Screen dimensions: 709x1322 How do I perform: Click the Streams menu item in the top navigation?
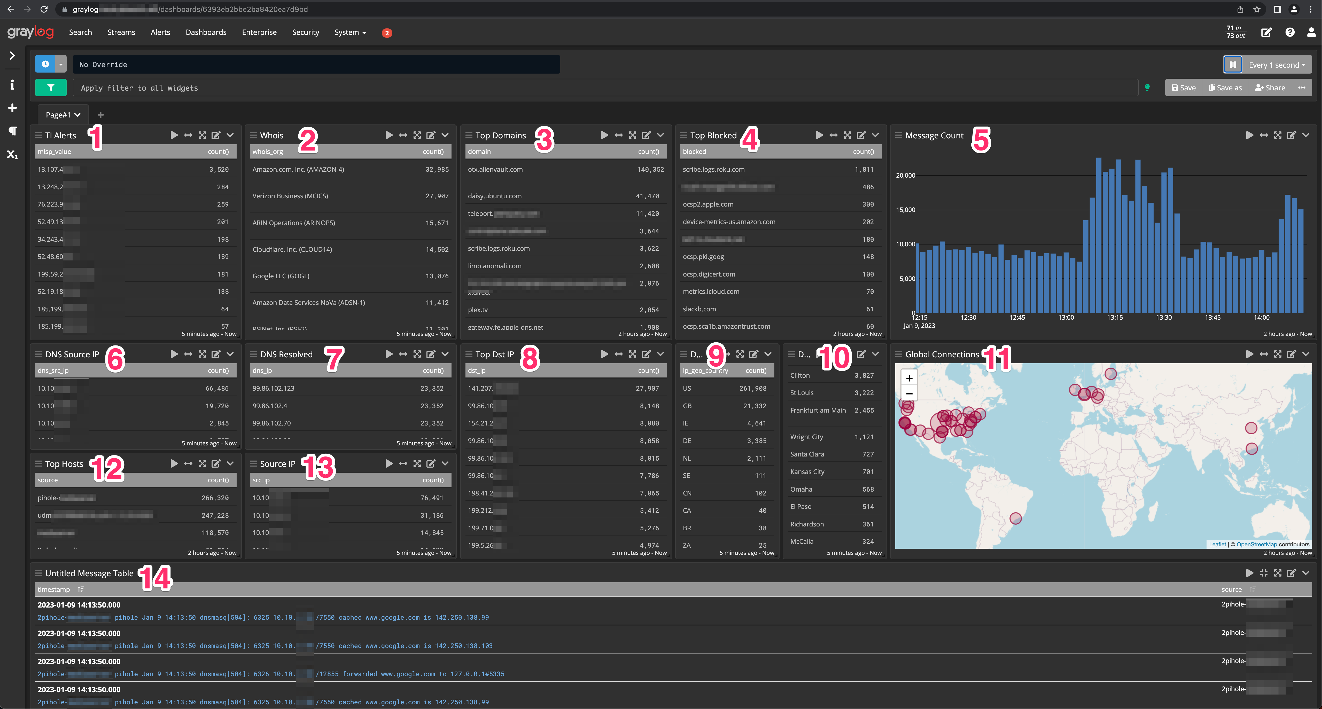point(121,32)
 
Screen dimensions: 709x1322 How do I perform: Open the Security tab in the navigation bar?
point(305,32)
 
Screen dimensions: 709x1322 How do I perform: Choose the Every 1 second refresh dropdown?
point(1276,65)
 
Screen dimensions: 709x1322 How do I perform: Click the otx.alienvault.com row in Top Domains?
point(495,169)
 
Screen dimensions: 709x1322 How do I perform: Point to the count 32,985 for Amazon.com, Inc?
point(437,169)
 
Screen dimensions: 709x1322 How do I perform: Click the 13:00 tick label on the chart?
point(1066,318)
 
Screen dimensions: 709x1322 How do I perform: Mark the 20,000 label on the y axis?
point(905,176)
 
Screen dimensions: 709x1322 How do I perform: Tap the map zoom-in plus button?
point(909,378)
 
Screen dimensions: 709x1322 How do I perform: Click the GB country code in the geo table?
point(687,406)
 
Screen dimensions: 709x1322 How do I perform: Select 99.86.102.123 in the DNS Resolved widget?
point(274,388)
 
